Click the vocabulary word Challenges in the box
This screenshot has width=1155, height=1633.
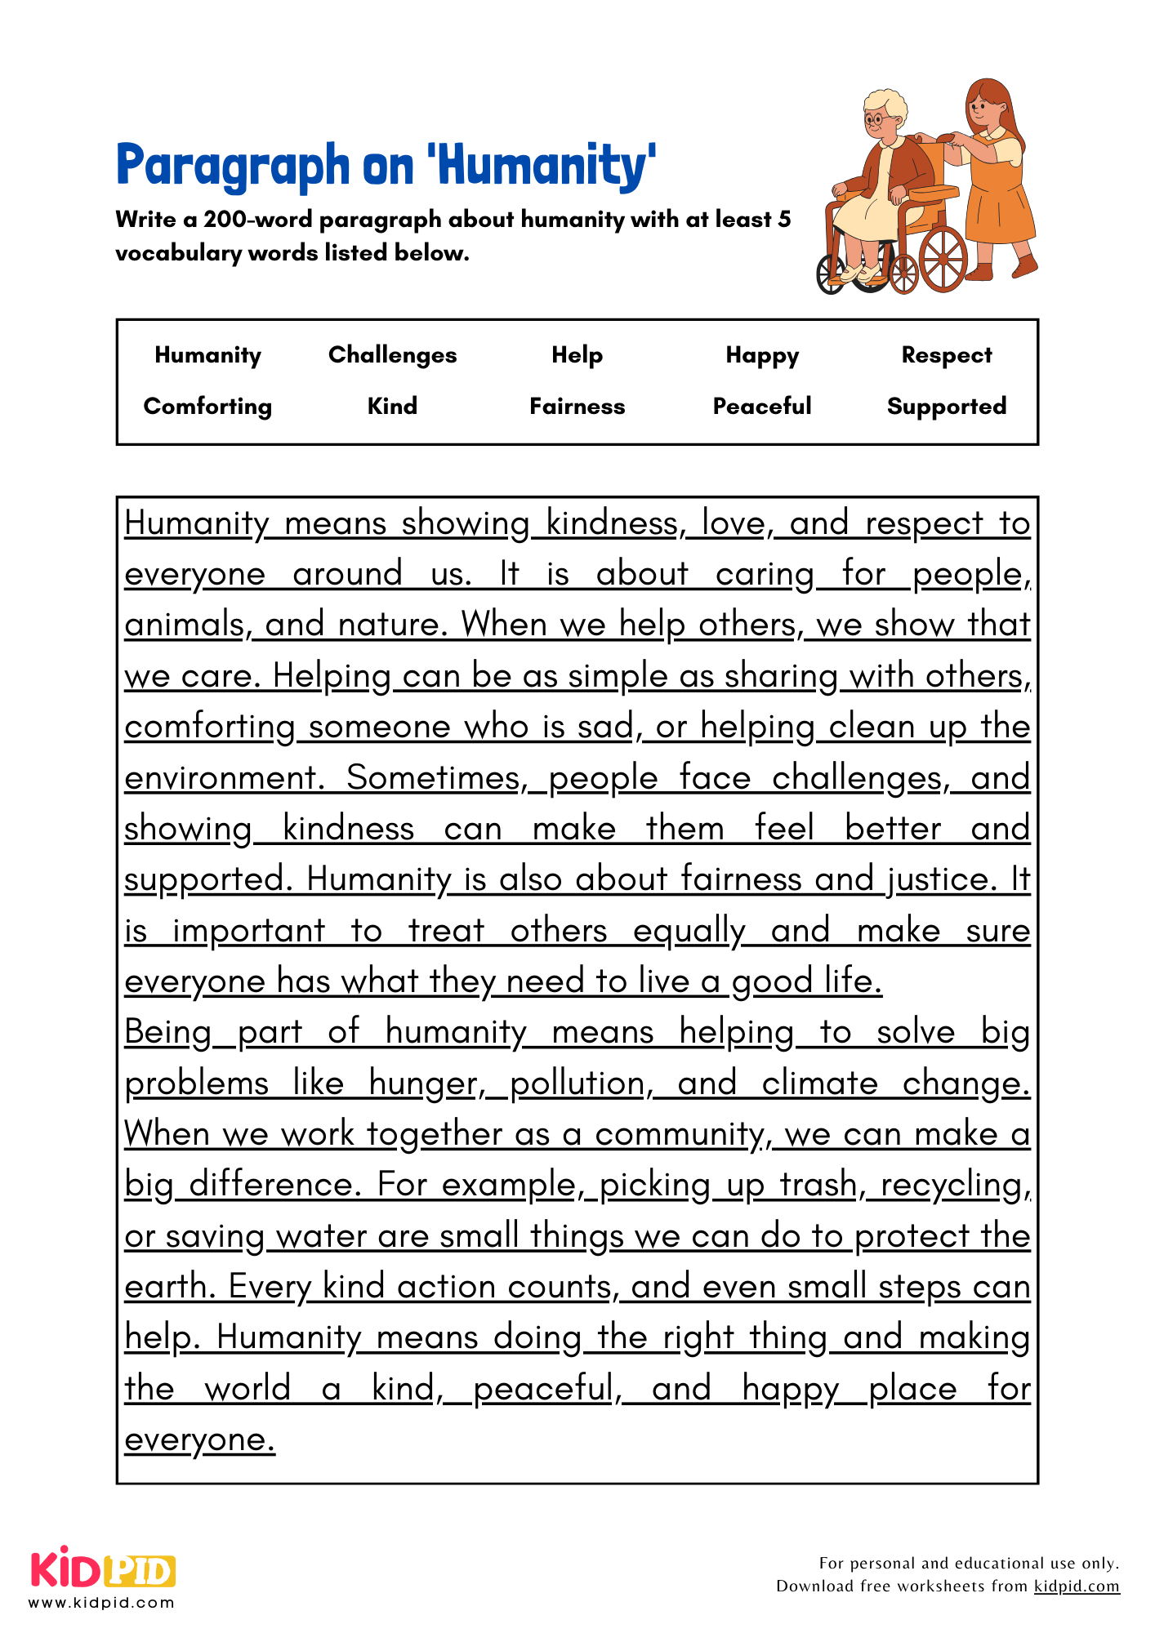pos(392,355)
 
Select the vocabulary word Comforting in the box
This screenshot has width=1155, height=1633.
pos(207,407)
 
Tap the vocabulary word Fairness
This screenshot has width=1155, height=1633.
pos(577,407)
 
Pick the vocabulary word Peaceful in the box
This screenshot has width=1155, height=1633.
pos(762,407)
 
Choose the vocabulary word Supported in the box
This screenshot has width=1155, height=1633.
pos(947,407)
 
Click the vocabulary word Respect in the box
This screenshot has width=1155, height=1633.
pos(947,355)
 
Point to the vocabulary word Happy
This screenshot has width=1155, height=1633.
pos(762,356)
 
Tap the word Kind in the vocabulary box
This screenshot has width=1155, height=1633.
pos(392,407)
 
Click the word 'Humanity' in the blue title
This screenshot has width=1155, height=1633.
pos(544,166)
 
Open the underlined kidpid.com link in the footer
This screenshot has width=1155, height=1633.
pos(1077,1586)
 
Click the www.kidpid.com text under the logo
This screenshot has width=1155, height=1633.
pos(102,1603)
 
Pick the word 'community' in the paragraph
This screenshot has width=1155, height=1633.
pos(683,1134)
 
